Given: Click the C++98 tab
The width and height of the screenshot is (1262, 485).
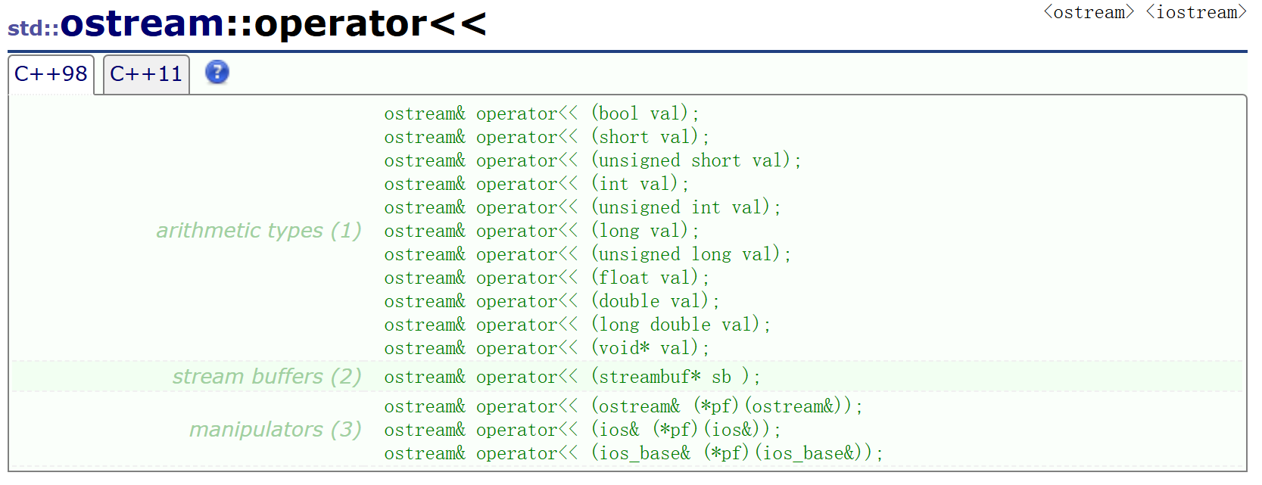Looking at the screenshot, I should [x=51, y=74].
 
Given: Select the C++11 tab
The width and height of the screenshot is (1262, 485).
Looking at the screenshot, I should [x=146, y=74].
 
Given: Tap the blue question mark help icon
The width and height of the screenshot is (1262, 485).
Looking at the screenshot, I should [x=217, y=73].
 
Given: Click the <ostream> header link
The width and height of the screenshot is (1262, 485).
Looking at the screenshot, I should [x=1089, y=13].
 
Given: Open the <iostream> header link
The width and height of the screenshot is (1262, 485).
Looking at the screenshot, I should [x=1196, y=13].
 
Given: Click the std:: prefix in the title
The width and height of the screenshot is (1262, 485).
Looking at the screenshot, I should [x=33, y=28].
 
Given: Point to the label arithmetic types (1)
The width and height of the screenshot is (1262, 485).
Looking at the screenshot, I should [x=259, y=231].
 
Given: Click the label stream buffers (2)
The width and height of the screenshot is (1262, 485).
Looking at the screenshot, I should [x=266, y=377].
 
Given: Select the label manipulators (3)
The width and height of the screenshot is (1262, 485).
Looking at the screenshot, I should [x=276, y=430].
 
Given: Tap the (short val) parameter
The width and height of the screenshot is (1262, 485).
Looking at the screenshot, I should [x=649, y=138].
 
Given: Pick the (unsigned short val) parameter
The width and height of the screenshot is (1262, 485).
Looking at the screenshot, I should [x=695, y=161].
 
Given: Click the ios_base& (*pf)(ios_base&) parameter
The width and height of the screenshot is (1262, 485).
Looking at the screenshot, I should [x=736, y=454].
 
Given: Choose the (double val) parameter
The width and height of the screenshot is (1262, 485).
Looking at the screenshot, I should [x=654, y=302].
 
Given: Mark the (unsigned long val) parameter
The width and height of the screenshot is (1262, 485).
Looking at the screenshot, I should [x=690, y=255].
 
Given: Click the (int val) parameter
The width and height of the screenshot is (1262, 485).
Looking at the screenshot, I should [x=639, y=185].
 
